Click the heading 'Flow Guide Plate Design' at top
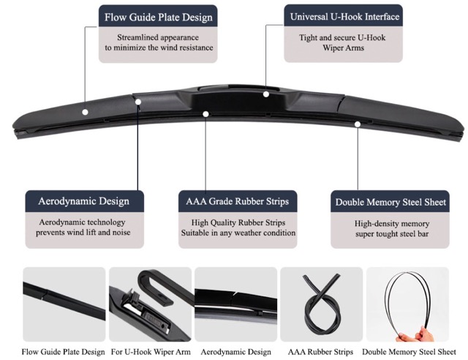tap(158, 17)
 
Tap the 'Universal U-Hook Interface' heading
tap(344, 16)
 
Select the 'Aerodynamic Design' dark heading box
tap(85, 201)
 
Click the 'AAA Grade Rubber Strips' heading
tap(237, 201)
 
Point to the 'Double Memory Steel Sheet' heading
tap(390, 202)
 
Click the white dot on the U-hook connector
tap(266, 94)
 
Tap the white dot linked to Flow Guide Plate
tap(85, 112)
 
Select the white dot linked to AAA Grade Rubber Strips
tap(205, 114)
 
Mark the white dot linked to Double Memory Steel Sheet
tap(358, 124)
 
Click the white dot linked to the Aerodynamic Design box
tap(138, 102)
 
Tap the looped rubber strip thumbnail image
tap(322, 304)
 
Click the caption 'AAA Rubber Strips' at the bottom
tap(320, 352)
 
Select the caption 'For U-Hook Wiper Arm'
tap(151, 352)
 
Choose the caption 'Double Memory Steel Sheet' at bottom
tap(409, 352)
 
